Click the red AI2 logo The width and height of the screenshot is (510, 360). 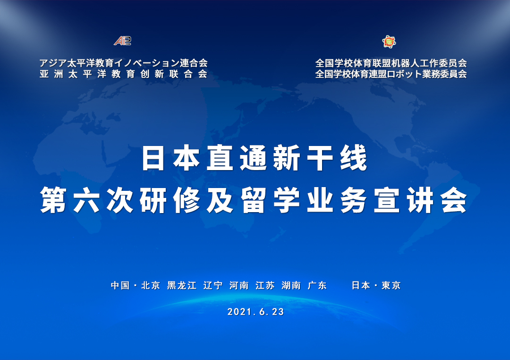pyautogui.click(x=123, y=41)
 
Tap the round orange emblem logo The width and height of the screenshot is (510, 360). pyautogui.click(x=389, y=42)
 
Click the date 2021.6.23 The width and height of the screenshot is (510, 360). pyautogui.click(x=255, y=312)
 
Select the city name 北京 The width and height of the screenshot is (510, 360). pyautogui.click(x=151, y=285)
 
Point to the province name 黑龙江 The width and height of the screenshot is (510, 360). pyautogui.click(x=182, y=285)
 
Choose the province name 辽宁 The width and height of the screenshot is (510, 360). pyautogui.click(x=213, y=285)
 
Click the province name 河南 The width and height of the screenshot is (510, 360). pyautogui.click(x=239, y=285)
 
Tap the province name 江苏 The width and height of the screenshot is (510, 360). pyautogui.click(x=265, y=285)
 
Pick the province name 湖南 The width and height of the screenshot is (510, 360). pyautogui.click(x=291, y=285)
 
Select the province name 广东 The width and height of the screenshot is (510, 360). pyautogui.click(x=317, y=285)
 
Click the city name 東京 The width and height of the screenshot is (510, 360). pyautogui.click(x=391, y=285)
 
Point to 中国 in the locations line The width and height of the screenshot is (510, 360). pyautogui.click(x=120, y=285)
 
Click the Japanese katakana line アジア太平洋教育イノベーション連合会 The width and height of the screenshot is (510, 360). pyautogui.click(x=123, y=63)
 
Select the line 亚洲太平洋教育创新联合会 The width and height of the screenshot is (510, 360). pyautogui.click(x=123, y=74)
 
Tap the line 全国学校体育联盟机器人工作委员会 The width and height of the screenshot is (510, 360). pyautogui.click(x=391, y=63)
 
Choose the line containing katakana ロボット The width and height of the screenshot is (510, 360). pyautogui.click(x=391, y=74)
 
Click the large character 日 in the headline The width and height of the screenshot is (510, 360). pyautogui.click(x=153, y=158)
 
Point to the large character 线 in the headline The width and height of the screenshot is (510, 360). pyautogui.click(x=354, y=158)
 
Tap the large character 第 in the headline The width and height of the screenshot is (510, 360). pyautogui.click(x=53, y=200)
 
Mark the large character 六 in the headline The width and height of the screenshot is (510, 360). pyautogui.click(x=87, y=200)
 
